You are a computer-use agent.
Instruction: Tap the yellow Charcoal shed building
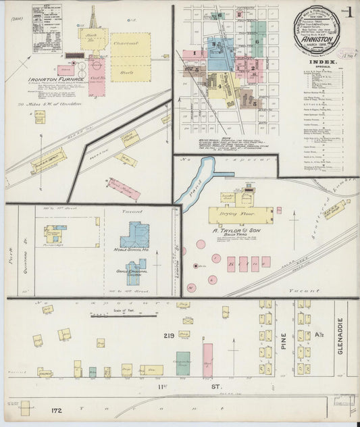[130, 57]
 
